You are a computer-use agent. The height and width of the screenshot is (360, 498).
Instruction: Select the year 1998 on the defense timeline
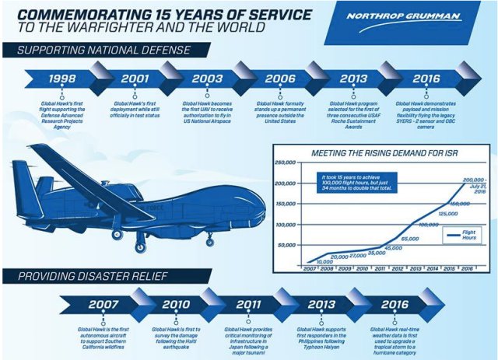(x=61, y=79)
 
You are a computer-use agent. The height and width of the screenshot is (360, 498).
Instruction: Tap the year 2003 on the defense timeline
(x=207, y=79)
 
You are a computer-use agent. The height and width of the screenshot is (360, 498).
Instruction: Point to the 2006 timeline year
(x=279, y=79)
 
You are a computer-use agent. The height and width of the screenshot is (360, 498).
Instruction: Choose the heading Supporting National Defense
(x=97, y=51)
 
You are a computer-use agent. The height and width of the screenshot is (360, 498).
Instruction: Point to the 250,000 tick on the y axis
(x=287, y=164)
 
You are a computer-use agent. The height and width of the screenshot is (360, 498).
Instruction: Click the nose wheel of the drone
(x=142, y=248)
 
